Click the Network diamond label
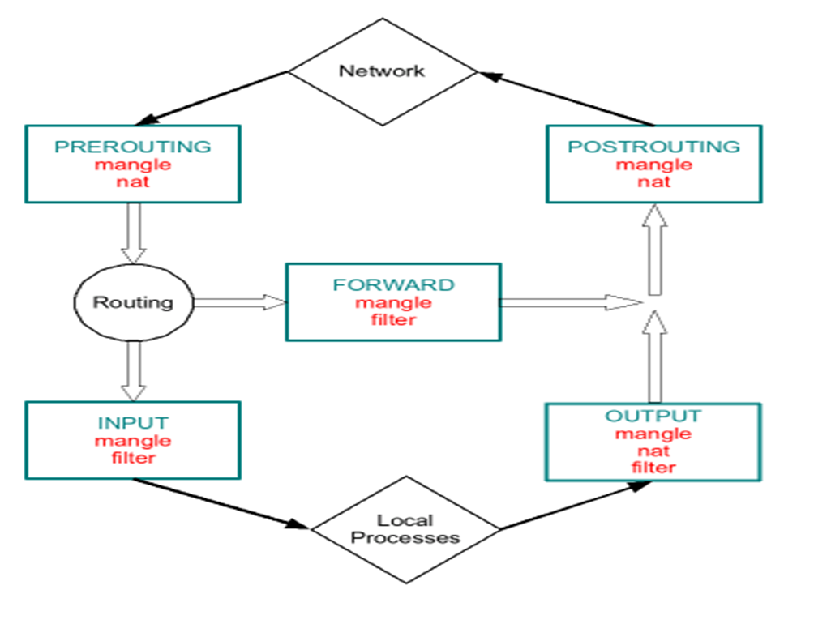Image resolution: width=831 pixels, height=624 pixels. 381,71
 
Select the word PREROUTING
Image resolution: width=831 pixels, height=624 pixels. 132,147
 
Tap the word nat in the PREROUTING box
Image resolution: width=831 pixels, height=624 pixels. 133,182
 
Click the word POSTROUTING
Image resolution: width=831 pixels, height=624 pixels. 653,147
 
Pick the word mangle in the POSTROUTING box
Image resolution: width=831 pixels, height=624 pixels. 653,165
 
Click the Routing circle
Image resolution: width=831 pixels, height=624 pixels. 133,302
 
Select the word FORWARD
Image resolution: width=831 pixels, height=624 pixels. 393,285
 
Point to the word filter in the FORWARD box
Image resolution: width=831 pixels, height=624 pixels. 393,319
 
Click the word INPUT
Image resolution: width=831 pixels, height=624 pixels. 133,423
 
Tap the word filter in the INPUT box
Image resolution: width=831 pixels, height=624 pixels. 133,458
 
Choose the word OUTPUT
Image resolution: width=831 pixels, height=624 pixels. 653,416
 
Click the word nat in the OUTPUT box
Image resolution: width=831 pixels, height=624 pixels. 653,451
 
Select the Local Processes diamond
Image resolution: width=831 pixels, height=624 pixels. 405,528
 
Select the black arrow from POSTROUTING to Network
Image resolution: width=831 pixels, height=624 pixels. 568,99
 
